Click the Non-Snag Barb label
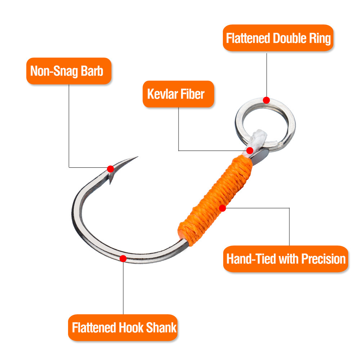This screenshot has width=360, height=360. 69,71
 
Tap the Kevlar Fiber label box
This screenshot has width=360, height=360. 179,94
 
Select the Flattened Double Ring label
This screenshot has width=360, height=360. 278,38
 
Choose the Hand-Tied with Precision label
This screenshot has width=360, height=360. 285,259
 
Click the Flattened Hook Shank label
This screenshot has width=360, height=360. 123,327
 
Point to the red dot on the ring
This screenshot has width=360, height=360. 266,100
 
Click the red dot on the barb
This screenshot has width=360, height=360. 111,169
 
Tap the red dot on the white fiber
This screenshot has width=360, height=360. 250,150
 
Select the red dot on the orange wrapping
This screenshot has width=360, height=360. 222,208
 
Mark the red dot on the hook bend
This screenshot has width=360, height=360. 123,258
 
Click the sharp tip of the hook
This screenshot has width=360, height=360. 138,157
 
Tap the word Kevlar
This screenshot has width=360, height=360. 162,94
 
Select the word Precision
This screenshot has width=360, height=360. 323,259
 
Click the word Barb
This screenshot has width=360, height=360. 92,71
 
